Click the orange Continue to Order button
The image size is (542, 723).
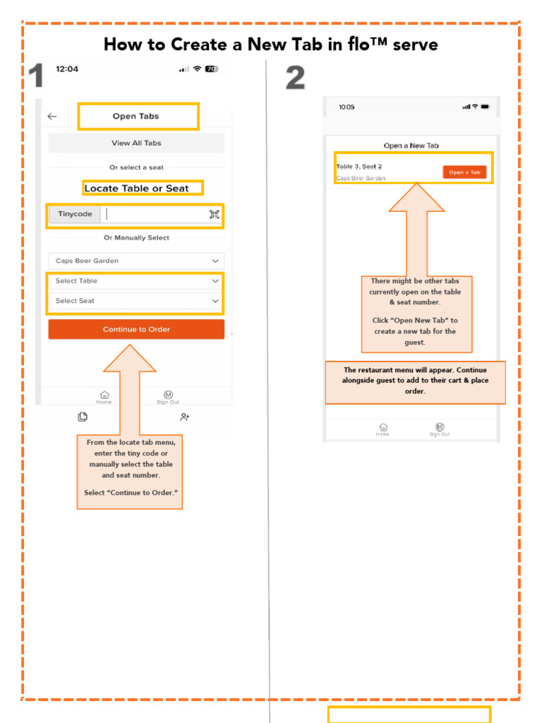136,329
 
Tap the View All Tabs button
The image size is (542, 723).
136,143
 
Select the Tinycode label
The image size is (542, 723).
75,215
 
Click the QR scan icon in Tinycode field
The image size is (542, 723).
215,215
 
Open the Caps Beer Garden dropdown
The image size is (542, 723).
136,261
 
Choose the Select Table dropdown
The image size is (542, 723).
136,281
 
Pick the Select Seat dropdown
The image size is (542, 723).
136,301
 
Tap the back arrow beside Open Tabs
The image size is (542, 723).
52,116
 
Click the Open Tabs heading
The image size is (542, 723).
136,116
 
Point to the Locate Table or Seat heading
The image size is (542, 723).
136,189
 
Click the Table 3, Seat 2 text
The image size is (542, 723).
359,167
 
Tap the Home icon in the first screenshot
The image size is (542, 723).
104,396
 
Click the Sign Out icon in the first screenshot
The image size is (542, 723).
168,396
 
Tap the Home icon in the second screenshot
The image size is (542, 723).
383,429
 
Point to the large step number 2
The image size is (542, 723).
295,78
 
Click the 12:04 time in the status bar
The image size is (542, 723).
67,69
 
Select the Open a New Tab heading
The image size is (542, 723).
411,145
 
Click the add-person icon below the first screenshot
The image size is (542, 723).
184,417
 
